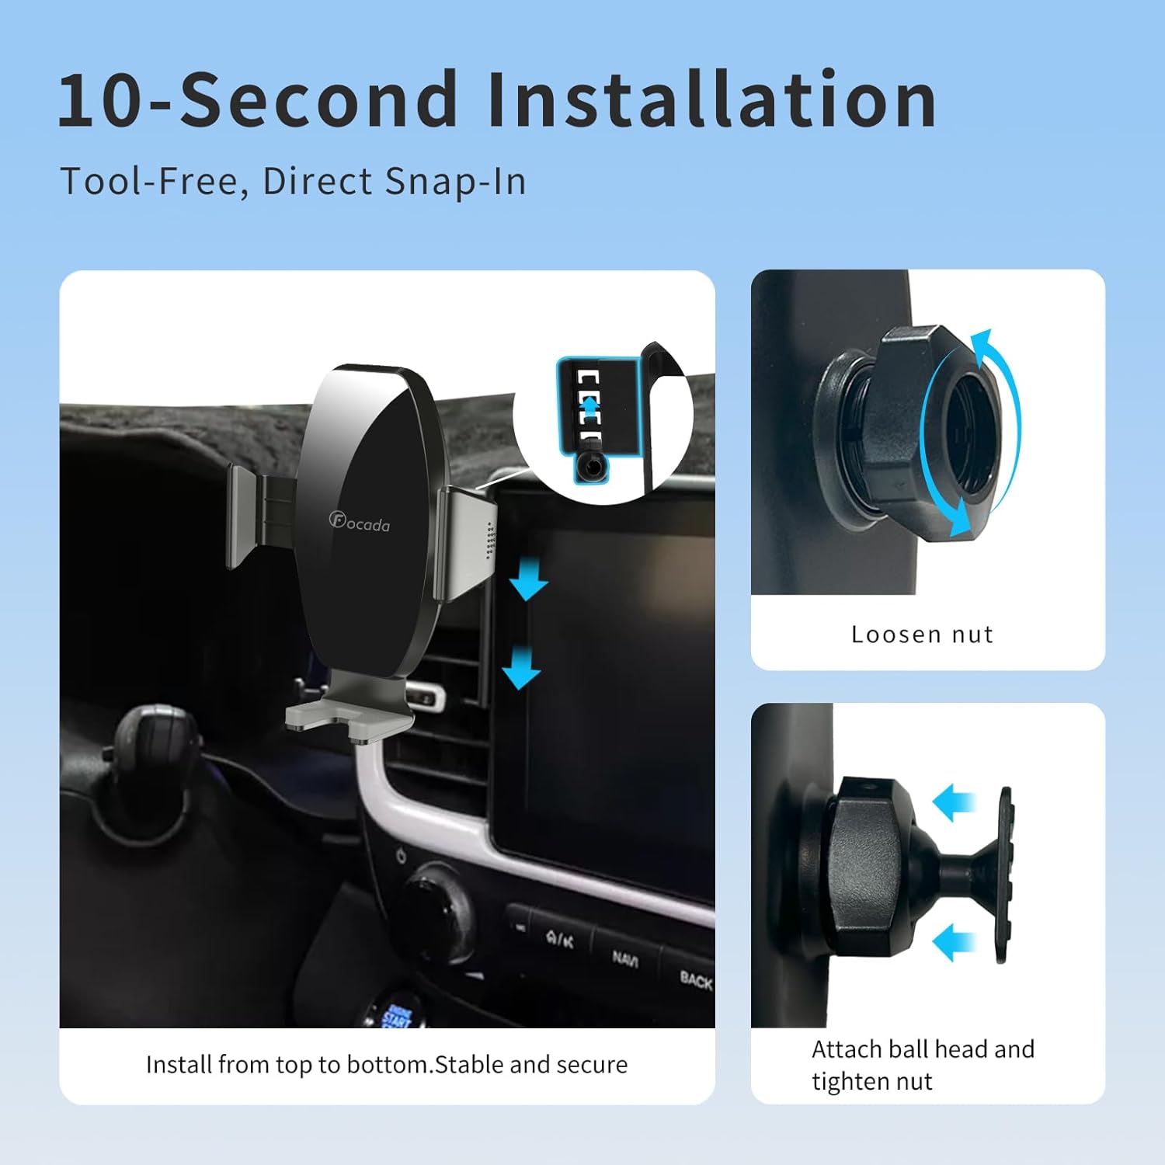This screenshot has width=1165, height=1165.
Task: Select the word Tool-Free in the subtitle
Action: (151, 182)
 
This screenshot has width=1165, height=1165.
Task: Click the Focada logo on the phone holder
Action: (360, 522)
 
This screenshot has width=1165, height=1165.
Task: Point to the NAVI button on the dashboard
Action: (625, 958)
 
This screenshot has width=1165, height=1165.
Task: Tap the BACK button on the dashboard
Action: (695, 980)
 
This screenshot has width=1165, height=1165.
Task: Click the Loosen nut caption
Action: (922, 635)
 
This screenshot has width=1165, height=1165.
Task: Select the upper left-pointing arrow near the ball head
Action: (954, 802)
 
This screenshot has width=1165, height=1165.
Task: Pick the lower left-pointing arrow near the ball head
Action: (954, 944)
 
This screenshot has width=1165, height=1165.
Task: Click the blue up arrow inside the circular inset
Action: (591, 405)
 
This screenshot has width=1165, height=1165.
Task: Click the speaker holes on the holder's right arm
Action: (489, 540)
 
